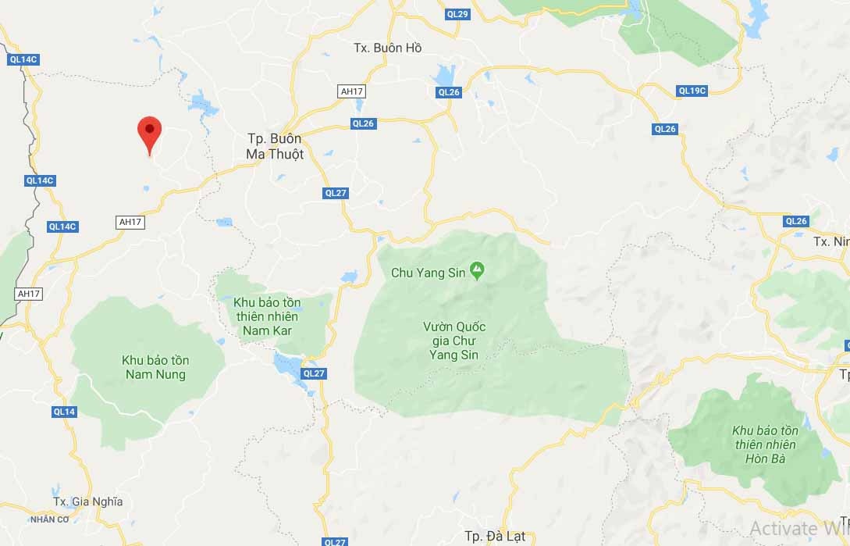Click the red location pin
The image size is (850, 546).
tap(149, 134)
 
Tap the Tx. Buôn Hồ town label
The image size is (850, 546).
tap(387, 48)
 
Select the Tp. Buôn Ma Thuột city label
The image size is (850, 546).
tap(275, 145)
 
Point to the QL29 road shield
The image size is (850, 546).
tap(458, 14)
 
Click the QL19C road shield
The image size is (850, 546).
tap(692, 91)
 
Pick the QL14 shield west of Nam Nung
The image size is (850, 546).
tap(65, 412)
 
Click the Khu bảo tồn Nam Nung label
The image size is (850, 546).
tap(155, 367)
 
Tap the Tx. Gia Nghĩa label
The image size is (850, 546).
tap(87, 501)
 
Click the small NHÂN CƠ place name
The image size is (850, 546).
tap(51, 519)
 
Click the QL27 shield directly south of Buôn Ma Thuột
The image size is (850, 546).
tap(336, 193)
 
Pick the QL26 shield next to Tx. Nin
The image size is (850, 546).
tap(796, 221)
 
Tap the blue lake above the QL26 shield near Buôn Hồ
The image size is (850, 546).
tap(445, 76)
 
